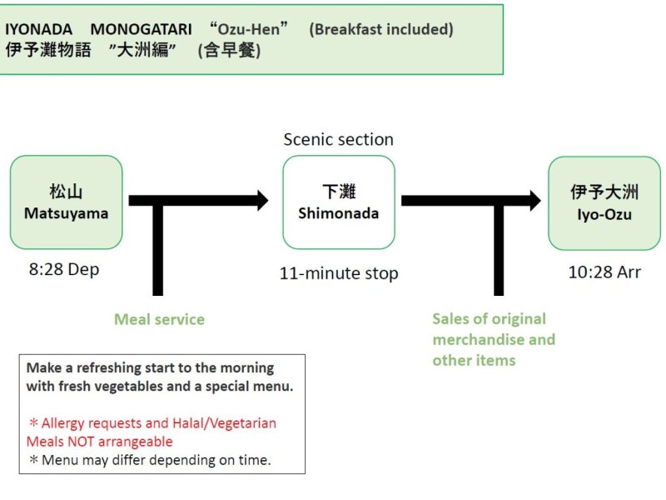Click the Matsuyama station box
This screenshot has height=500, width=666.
pos(66,202)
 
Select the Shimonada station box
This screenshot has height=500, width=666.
pos(338,202)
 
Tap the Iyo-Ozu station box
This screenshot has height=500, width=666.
pos(604,202)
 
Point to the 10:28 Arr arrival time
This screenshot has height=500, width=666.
pos(604,272)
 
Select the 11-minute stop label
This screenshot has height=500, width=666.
pos(339,272)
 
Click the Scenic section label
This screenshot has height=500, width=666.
pos(338,139)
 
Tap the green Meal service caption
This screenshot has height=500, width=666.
pos(159,319)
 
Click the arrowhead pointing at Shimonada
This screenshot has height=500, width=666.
pos(261,200)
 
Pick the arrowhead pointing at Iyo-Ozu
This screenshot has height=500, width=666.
pos(534,200)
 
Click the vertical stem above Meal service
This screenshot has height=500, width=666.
pos(157,250)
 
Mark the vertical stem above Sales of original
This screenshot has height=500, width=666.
pos(499,250)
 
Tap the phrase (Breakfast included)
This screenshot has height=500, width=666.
pos(380,29)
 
